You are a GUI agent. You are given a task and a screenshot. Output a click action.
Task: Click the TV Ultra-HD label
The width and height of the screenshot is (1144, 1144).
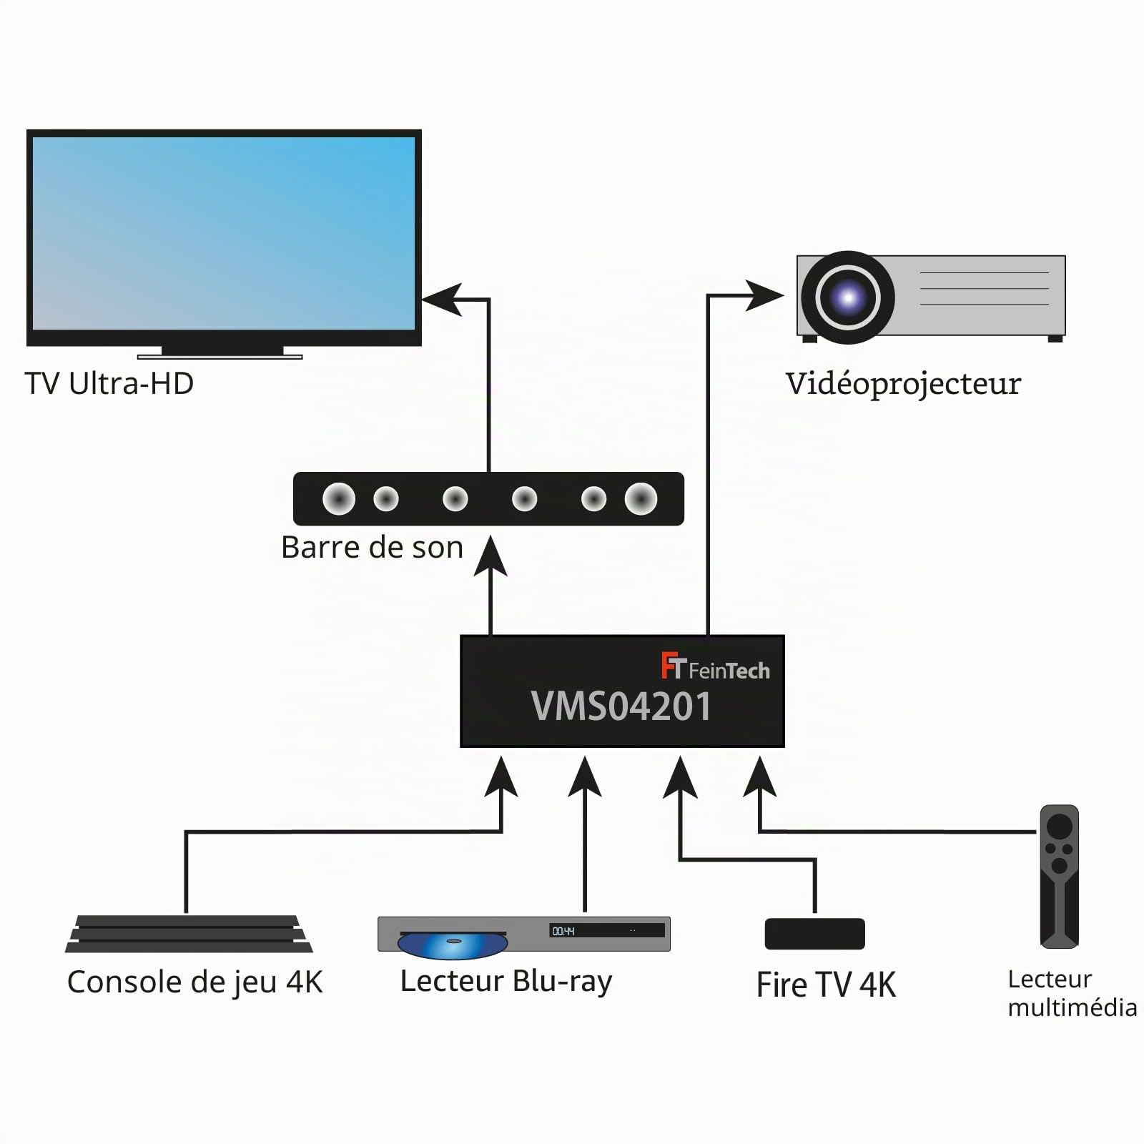click(x=109, y=383)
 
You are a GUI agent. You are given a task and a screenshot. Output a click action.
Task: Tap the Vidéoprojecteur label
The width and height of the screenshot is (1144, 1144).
click(x=903, y=384)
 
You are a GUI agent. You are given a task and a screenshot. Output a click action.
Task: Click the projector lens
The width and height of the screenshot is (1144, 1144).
click(x=847, y=297)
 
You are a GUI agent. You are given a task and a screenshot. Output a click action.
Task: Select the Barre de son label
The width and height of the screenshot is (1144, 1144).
click(x=372, y=547)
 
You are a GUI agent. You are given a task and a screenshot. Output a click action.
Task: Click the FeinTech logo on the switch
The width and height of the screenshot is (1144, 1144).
click(x=715, y=666)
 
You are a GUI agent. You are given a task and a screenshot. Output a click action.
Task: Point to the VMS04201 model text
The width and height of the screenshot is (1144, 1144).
click(x=621, y=706)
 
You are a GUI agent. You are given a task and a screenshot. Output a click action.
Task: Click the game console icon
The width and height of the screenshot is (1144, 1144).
click(x=189, y=934)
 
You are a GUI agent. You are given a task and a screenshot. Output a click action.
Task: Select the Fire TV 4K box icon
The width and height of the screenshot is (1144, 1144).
click(x=815, y=934)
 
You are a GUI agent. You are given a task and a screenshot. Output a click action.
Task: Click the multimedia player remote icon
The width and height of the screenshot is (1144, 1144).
click(x=1059, y=877)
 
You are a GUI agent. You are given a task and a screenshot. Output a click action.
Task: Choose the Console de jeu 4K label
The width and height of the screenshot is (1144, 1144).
click(x=194, y=982)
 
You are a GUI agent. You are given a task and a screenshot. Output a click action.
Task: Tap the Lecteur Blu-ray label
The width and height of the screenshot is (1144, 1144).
click(x=506, y=982)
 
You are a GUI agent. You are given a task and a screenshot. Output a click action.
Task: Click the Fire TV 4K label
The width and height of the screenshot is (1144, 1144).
click(x=826, y=985)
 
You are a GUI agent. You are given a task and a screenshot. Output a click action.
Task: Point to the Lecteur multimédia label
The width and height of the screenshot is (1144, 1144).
click(x=1072, y=993)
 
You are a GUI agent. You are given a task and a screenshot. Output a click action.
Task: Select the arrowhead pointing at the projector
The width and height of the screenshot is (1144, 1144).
click(x=764, y=295)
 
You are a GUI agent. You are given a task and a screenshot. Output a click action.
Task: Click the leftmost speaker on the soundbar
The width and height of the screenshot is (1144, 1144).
click(x=339, y=498)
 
